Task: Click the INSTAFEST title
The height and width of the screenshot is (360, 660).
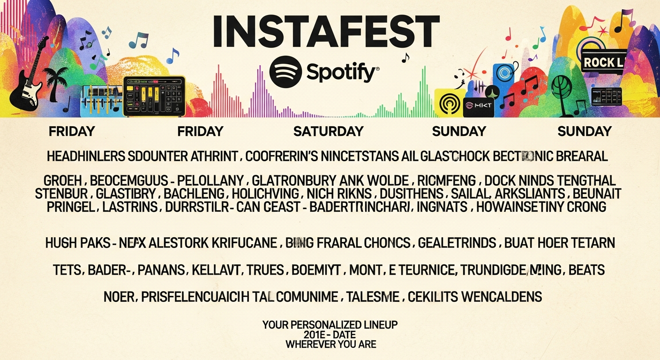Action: coord(326,32)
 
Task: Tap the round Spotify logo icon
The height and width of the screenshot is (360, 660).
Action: coord(285,72)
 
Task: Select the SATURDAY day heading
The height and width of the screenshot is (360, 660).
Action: coord(328,132)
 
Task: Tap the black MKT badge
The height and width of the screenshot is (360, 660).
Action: coord(478,106)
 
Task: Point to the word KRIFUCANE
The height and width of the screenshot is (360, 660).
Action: coord(242,243)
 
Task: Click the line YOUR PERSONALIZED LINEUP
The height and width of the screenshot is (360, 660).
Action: coord(330,325)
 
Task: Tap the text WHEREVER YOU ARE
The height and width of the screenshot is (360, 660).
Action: coord(330,345)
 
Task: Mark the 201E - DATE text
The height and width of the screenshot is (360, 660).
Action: coord(330,335)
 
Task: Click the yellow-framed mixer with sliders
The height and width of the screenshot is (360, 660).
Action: coord(154,96)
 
